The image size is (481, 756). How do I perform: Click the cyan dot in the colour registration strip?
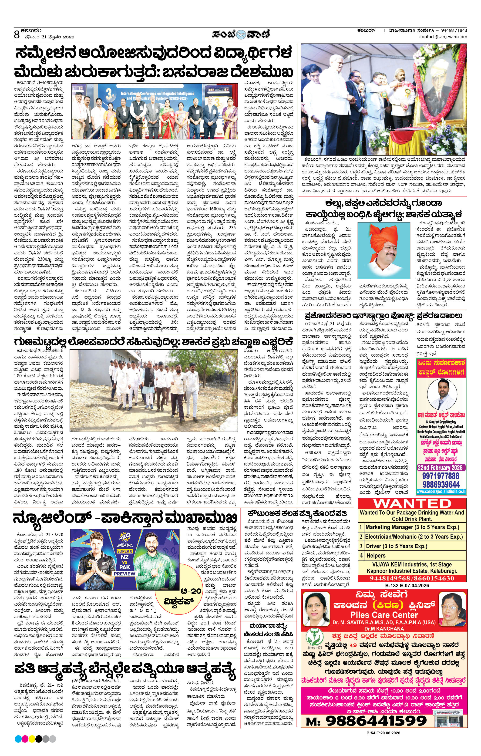point(18,739)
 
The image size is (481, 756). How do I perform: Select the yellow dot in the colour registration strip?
point(32,739)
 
